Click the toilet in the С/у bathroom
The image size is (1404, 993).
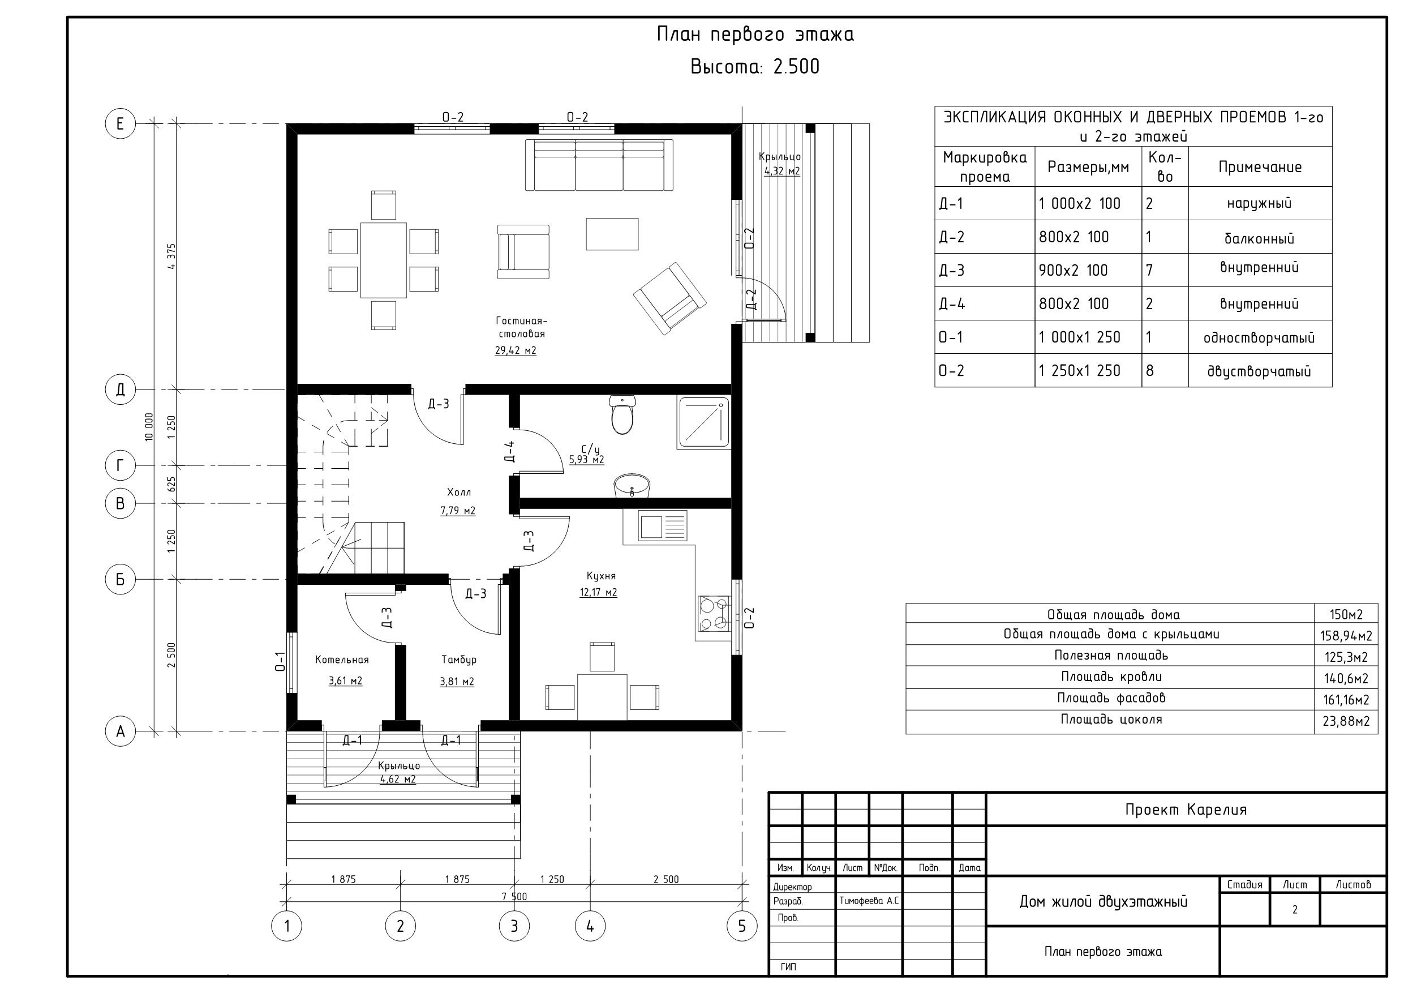pos(622,414)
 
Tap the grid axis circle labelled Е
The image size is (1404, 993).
pos(120,123)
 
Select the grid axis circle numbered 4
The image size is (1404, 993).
pos(590,926)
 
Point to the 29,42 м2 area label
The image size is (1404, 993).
pos(516,350)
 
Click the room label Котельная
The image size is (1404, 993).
pos(342,660)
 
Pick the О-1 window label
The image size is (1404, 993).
pos(280,661)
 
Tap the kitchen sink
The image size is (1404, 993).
pos(662,526)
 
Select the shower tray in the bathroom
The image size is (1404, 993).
pos(704,422)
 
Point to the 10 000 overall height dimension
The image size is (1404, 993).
pos(149,427)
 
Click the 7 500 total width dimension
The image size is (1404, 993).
pos(514,896)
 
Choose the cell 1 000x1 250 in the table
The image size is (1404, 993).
pos(1079,337)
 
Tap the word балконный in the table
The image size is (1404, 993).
pos(1259,238)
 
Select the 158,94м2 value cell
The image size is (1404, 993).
pos(1346,635)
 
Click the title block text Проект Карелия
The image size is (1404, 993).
pos(1186,810)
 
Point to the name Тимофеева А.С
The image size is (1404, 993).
pos(869,901)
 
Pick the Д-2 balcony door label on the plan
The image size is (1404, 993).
pos(752,300)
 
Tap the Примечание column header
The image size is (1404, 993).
pos(1260,167)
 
